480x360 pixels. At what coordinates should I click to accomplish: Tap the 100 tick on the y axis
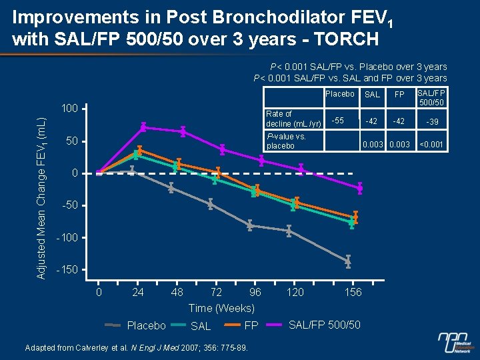point(69,108)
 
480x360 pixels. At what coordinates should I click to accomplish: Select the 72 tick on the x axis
point(216,292)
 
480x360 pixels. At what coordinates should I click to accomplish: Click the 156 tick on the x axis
point(353,292)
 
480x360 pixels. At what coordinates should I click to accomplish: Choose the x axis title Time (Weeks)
point(221,308)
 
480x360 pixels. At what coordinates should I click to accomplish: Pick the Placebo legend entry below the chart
point(146,325)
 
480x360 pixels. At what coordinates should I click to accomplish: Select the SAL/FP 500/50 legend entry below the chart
point(324,325)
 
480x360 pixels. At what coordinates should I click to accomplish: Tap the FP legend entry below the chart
point(251,325)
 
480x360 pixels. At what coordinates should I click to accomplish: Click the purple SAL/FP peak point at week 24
point(143,127)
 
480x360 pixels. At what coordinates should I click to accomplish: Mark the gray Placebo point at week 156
point(348,261)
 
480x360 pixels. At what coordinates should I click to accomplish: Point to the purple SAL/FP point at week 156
point(360,189)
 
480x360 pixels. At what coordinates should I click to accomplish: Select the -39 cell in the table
point(433,121)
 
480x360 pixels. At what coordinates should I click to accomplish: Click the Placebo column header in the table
point(339,94)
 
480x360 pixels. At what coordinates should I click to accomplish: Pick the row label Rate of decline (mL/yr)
point(287,119)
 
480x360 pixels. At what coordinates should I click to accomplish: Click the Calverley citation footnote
point(136,348)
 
